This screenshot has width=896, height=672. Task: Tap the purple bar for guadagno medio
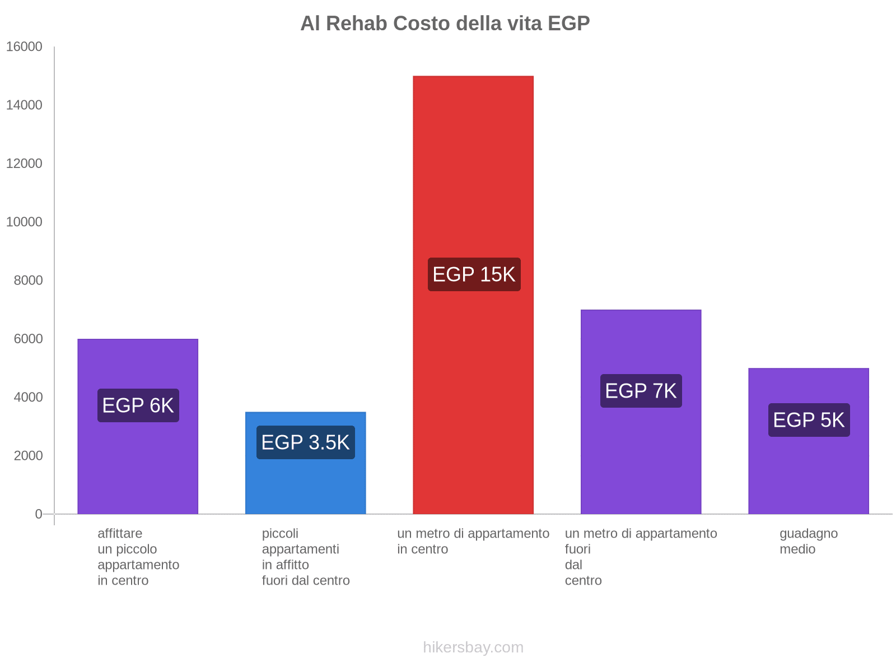click(808, 476)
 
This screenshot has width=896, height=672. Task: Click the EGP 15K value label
click(474, 274)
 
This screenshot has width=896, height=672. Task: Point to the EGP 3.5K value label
click(305, 442)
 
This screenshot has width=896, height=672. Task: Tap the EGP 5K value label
click(809, 420)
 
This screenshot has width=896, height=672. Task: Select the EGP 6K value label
click(138, 405)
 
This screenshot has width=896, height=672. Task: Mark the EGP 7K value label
click(641, 391)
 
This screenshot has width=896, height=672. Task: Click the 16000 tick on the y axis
click(25, 47)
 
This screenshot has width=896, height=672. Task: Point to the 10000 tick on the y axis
click(25, 222)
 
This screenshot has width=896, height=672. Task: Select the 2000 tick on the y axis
click(28, 456)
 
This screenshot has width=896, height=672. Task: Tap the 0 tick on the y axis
click(39, 514)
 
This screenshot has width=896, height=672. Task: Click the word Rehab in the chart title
click(357, 24)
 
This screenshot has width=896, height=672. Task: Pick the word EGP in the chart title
click(568, 24)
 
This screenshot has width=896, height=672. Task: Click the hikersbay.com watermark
click(473, 647)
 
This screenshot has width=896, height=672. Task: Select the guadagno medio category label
click(808, 541)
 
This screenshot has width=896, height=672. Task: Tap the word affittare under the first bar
click(120, 534)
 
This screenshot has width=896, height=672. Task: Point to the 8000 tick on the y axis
click(28, 281)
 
